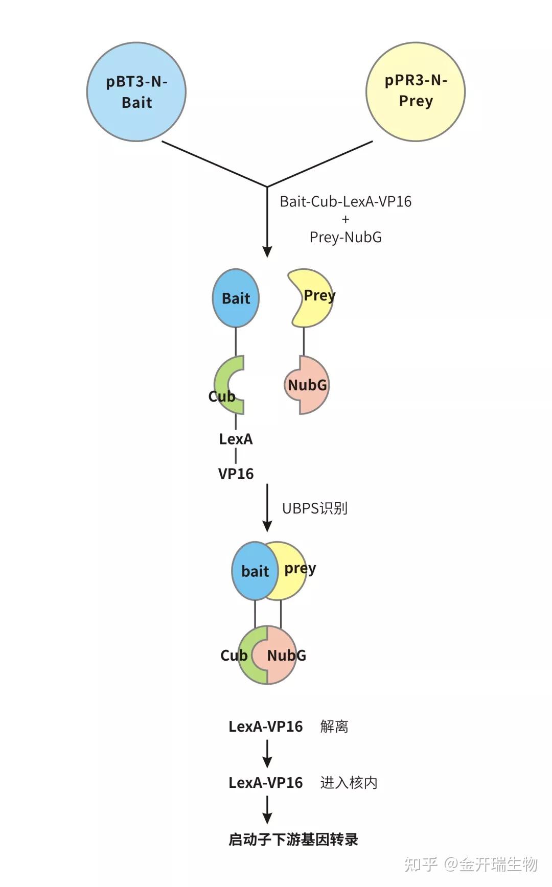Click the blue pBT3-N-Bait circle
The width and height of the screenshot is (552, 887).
136,92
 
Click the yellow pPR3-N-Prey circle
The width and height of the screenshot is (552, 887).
416,92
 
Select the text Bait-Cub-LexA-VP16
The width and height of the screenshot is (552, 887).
346,201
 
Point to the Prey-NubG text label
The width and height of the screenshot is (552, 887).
346,237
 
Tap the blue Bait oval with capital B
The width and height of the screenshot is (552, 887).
236,298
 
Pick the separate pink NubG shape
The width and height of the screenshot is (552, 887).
307,385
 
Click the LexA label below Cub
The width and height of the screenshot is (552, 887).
236,439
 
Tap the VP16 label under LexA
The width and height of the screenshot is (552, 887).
236,474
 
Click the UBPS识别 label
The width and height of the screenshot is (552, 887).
315,508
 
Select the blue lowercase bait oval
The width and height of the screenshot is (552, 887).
255,571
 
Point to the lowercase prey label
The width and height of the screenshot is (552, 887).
300,569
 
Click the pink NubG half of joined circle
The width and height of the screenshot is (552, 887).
282,655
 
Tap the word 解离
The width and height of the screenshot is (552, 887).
334,726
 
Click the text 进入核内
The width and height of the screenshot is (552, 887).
349,782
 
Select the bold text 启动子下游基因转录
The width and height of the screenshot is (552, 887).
293,839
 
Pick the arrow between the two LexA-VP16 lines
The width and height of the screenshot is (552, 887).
267,754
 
